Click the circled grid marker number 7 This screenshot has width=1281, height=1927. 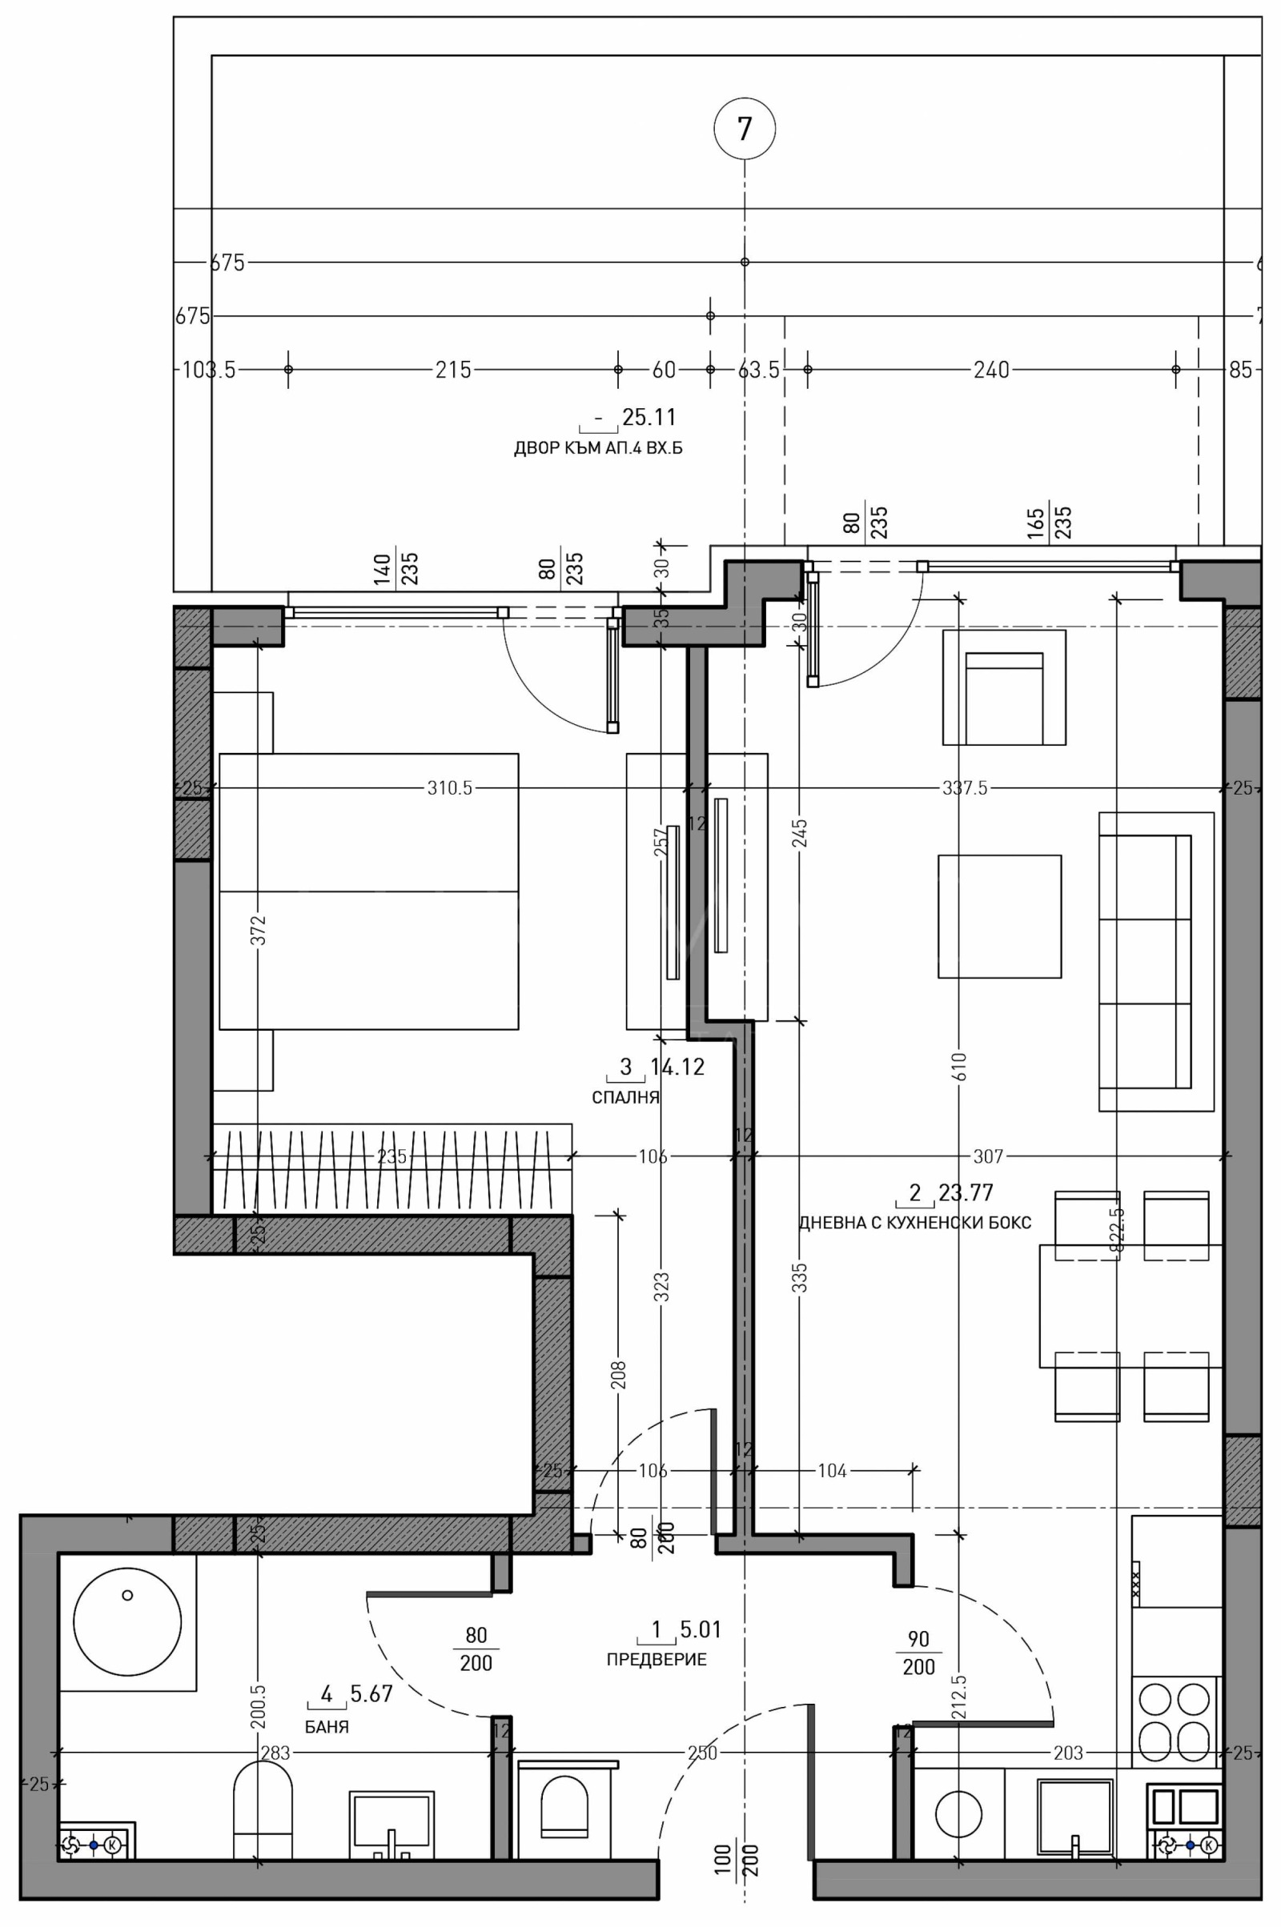744,129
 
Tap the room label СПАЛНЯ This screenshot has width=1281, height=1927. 625,1097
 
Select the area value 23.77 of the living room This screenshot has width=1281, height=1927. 966,1193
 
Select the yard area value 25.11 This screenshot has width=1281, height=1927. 649,417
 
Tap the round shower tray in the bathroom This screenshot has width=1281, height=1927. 126,1621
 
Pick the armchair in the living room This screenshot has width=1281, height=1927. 1004,687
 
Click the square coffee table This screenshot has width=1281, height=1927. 999,916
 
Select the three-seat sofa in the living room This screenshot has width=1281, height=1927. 1155,961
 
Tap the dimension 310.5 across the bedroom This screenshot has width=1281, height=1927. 449,788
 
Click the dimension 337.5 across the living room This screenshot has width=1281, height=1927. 965,788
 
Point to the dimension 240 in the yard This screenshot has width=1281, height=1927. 991,370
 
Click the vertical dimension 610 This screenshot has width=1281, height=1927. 959,1067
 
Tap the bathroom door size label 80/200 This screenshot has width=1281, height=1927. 476,1648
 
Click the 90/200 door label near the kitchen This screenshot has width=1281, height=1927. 919,1652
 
